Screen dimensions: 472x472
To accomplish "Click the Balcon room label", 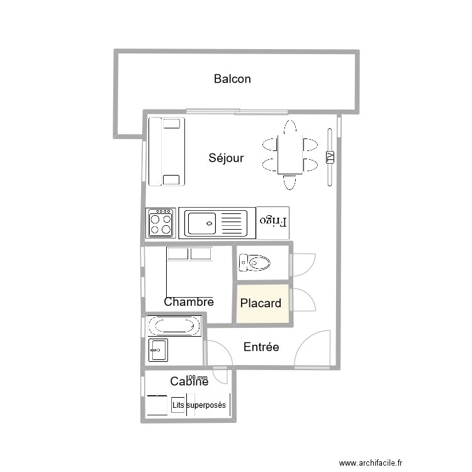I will (x=232, y=79).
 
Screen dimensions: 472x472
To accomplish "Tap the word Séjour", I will (x=226, y=158).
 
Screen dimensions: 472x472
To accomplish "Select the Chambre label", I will (x=188, y=302).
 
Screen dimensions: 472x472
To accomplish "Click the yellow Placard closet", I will (x=261, y=303).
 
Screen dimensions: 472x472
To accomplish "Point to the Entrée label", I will (x=261, y=347).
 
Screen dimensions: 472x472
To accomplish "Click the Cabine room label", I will (x=189, y=381).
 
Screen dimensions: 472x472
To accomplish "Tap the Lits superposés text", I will (x=199, y=405).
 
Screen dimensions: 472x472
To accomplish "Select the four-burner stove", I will (x=160, y=223).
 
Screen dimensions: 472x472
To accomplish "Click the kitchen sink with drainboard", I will (x=217, y=223).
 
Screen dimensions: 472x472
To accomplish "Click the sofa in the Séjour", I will (x=166, y=151).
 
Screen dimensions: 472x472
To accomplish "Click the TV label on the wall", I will (x=330, y=157).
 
